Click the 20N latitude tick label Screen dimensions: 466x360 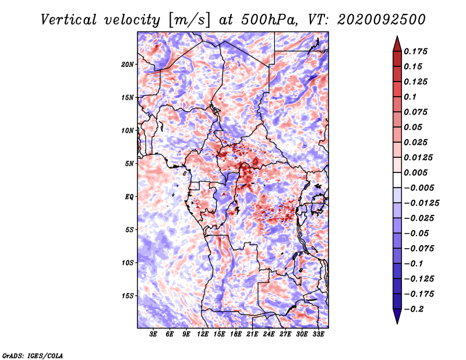click(x=128, y=64)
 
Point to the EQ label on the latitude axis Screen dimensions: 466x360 click(x=129, y=197)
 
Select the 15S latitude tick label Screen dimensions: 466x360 click(x=128, y=296)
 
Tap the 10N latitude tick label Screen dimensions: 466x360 click(x=128, y=130)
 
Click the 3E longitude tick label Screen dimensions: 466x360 click(x=153, y=334)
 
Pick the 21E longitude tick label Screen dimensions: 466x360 click(x=252, y=334)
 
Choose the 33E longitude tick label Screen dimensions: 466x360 click(x=318, y=334)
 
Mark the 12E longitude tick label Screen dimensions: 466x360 click(x=203, y=334)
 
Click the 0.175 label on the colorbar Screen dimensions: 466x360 click(x=415, y=51)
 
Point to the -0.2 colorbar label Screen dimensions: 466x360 click(x=414, y=309)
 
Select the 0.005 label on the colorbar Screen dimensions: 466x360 click(x=415, y=172)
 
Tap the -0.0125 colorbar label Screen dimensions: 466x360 click(x=421, y=203)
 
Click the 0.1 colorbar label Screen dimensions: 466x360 click(x=410, y=97)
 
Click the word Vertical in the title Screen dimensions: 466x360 click(x=69, y=20)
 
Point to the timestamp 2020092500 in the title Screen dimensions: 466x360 click(x=382, y=20)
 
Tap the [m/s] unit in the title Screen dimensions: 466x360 click(x=189, y=20)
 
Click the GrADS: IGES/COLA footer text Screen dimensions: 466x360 click(x=33, y=356)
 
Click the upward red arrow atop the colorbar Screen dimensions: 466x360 click(x=397, y=44)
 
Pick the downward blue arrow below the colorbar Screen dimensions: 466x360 click(x=397, y=316)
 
